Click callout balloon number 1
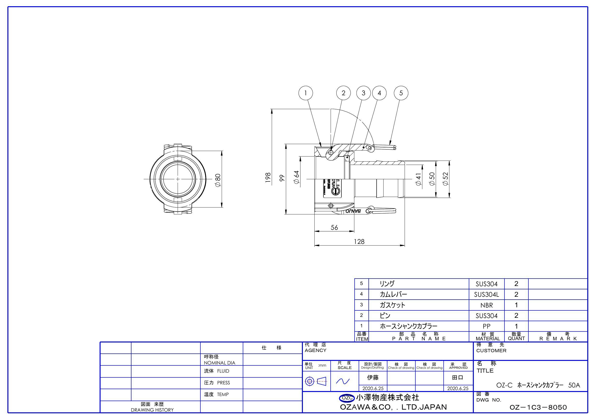(x=305, y=93)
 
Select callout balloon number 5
(x=401, y=93)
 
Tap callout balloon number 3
(x=363, y=93)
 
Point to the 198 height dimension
(x=268, y=178)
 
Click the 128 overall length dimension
(x=359, y=241)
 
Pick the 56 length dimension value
(x=334, y=228)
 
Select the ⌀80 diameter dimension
(x=218, y=180)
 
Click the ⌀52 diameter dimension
(x=446, y=179)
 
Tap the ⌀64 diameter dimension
(x=296, y=177)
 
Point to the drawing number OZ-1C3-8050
(x=538, y=408)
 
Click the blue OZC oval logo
(x=347, y=398)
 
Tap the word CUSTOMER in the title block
(x=491, y=351)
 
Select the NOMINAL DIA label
(x=219, y=363)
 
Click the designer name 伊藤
(x=373, y=378)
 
